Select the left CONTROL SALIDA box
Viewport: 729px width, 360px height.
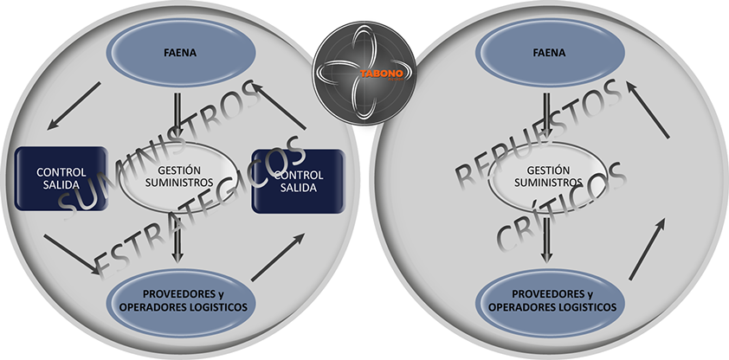coord(61,180)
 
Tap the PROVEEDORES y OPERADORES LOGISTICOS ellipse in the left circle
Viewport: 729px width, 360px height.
coord(181,299)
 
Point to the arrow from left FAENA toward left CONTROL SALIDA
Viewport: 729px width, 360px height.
coord(74,107)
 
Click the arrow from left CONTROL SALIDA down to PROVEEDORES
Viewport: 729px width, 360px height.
coord(73,254)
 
